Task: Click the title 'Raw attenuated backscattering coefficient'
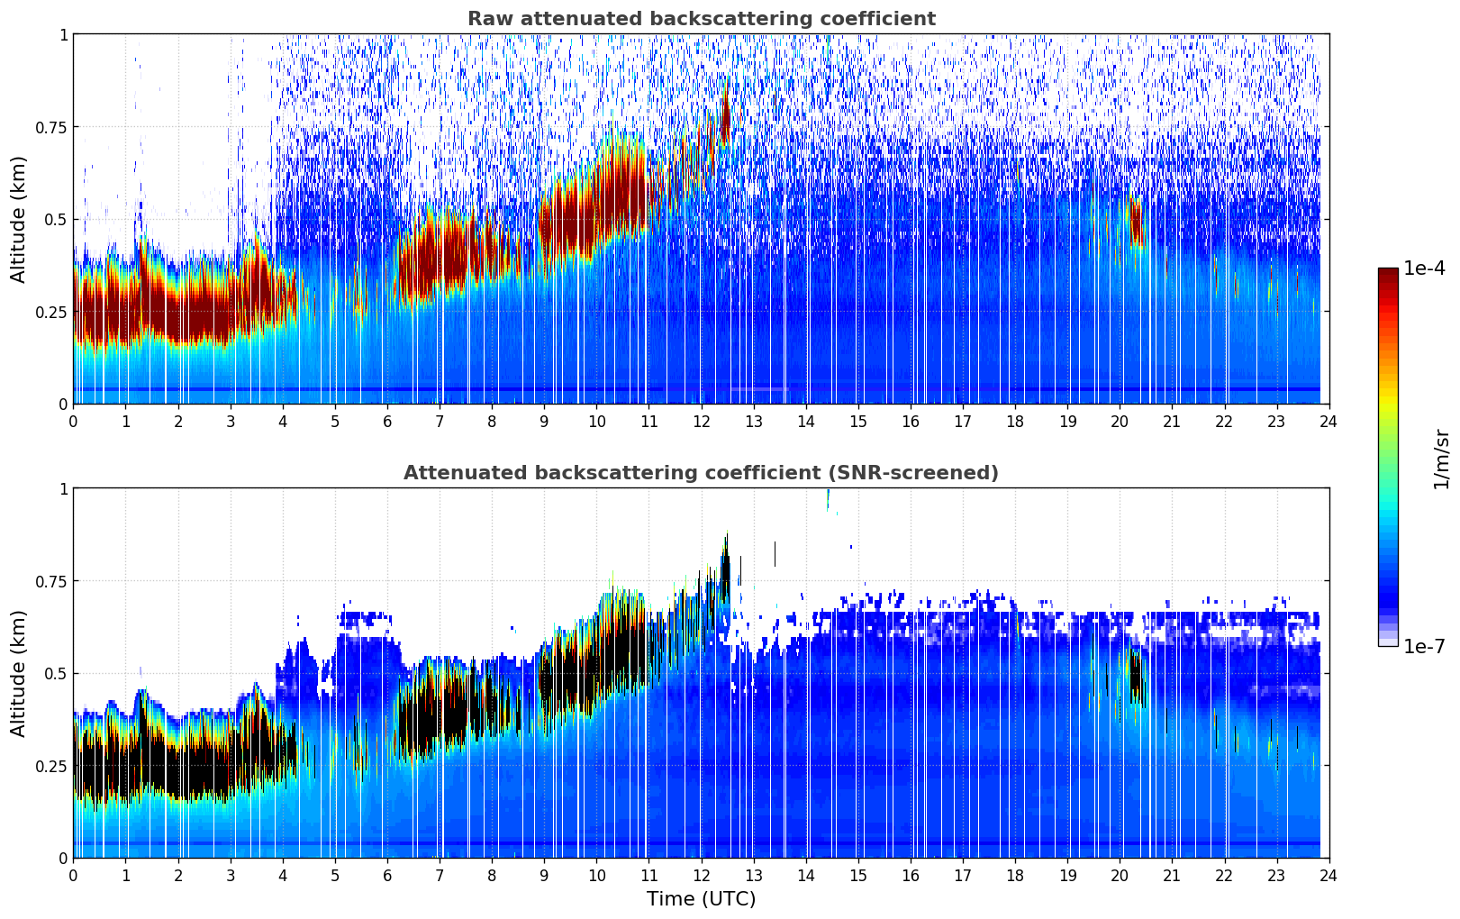coord(701,19)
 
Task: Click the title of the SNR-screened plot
coord(701,473)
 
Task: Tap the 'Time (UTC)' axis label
coord(701,898)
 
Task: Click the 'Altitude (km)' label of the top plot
coord(19,219)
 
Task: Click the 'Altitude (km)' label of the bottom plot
coord(19,673)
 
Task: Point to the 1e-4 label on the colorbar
coord(1424,268)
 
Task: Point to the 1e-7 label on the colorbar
coord(1424,646)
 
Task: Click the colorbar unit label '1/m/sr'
coord(1441,458)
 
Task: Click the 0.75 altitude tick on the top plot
coord(50,127)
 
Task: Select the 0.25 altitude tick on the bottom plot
coord(50,766)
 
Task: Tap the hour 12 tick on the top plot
coord(701,421)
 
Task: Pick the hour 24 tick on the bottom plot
coord(1329,875)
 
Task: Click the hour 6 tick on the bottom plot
coord(387,875)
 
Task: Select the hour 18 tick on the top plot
coord(1015,421)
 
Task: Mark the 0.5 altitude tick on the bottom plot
coord(56,673)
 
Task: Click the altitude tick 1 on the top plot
coord(63,34)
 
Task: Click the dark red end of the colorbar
coord(1387,274)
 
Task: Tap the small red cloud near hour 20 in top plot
coord(1135,222)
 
